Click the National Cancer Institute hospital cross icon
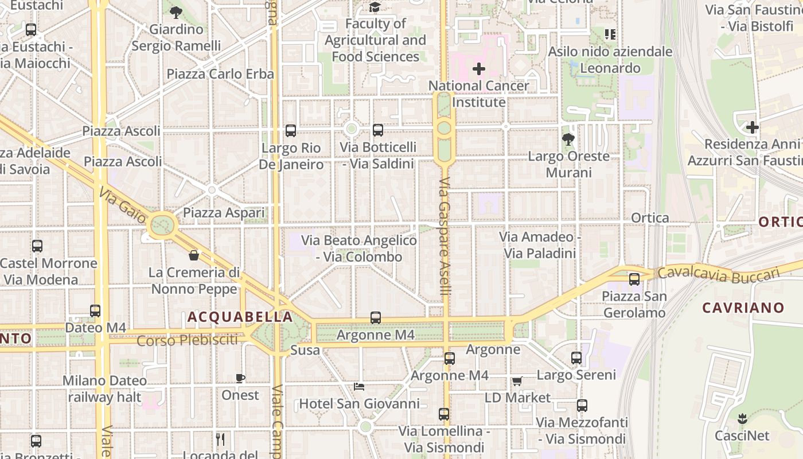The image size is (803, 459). (x=478, y=69)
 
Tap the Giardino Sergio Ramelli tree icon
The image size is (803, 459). (x=176, y=12)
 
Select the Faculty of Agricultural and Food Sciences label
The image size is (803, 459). (x=375, y=40)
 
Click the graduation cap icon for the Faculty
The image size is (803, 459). (x=375, y=7)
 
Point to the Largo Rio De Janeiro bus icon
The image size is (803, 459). (x=291, y=131)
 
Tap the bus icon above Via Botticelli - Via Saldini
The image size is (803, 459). (x=377, y=130)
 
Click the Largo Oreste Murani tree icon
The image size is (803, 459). (x=568, y=139)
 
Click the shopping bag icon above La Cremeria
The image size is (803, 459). (x=194, y=255)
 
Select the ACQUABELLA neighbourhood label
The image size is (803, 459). (x=240, y=317)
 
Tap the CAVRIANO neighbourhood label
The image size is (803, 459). (x=743, y=308)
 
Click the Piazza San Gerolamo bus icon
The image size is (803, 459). (x=634, y=279)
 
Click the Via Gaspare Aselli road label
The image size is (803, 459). (x=446, y=236)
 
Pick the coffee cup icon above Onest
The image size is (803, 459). (x=240, y=378)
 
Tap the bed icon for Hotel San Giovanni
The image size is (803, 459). (x=359, y=386)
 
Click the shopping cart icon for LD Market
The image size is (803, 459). (x=517, y=381)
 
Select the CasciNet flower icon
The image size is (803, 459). (x=742, y=418)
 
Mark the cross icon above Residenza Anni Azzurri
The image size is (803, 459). (x=753, y=127)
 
